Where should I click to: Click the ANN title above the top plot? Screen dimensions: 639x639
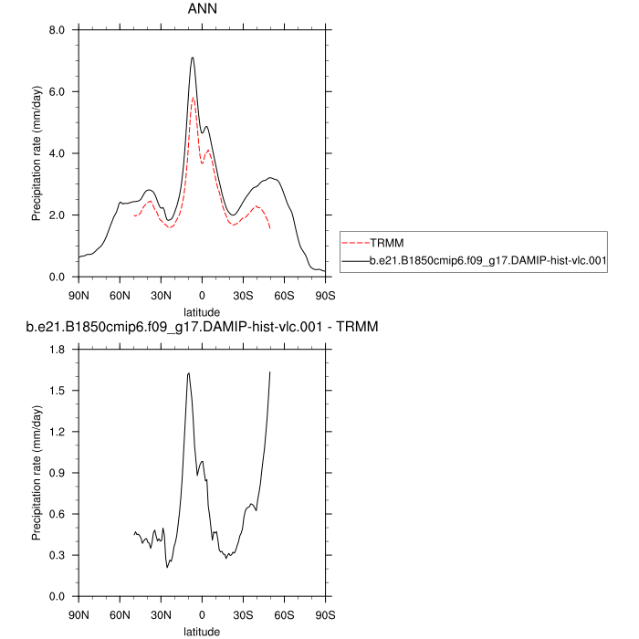[x=201, y=11]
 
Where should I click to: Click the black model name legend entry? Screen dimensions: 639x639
[x=489, y=261]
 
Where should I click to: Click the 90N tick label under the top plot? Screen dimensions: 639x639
[x=79, y=295]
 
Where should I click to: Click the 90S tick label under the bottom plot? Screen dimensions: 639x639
[x=324, y=614]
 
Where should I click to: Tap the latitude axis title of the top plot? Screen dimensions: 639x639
[x=201, y=311]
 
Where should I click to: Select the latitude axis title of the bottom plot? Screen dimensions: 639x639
[x=201, y=631]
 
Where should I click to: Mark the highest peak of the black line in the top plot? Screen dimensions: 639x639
[x=193, y=58]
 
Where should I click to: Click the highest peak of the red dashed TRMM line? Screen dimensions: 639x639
[x=193, y=97]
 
